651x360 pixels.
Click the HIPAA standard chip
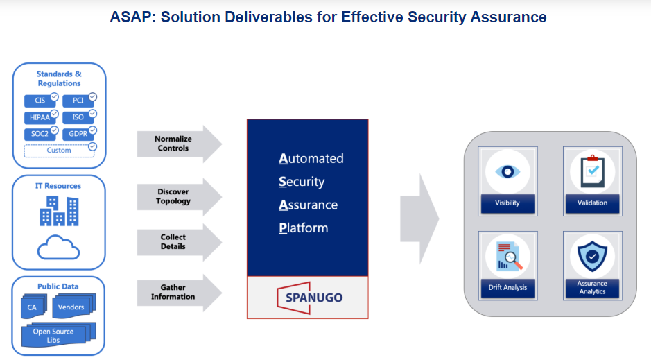(x=40, y=117)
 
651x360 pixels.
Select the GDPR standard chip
(x=78, y=133)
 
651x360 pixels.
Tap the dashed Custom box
(x=59, y=150)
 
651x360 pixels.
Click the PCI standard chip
(x=78, y=101)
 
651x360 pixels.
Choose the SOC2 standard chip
(x=40, y=133)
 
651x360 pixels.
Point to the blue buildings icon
(x=59, y=211)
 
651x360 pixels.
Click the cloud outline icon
(x=59, y=248)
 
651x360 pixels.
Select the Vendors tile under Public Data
(x=71, y=307)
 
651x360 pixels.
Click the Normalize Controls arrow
(x=177, y=144)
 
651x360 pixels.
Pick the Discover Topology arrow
(x=177, y=196)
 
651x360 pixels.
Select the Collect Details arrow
(x=177, y=241)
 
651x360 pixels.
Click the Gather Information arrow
(x=177, y=292)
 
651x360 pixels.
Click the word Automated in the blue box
(x=311, y=159)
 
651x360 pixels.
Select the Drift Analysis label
(x=508, y=287)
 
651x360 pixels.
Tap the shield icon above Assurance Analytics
(x=592, y=255)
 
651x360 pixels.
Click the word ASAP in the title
(x=132, y=17)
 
